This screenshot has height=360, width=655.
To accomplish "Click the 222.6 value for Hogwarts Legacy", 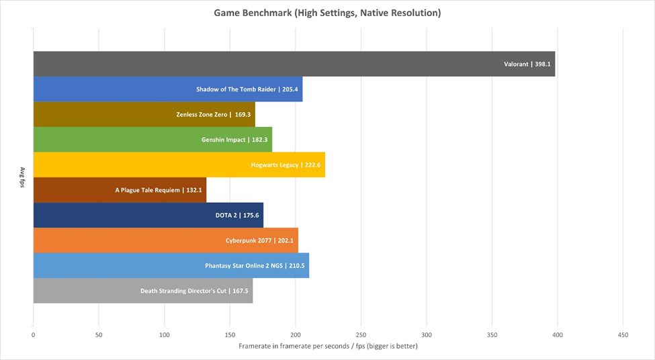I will (313, 165).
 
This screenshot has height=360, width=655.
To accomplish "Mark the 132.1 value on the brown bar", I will (194, 190).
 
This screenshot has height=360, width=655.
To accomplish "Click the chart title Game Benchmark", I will (327, 13).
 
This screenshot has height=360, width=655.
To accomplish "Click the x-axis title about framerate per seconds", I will (328, 347).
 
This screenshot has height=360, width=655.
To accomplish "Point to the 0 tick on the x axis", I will (33, 334).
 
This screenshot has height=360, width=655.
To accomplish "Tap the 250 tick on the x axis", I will (361, 334).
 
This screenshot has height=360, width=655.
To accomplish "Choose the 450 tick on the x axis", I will (623, 334).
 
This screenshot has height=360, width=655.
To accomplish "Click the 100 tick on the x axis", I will (164, 334).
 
